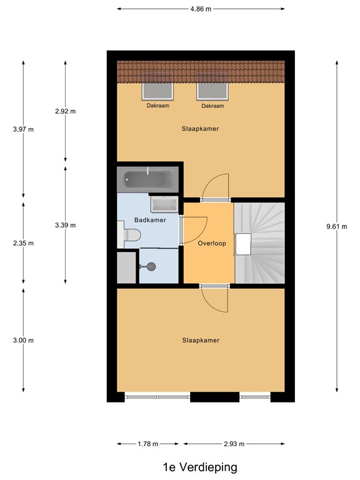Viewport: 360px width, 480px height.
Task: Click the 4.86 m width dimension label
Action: [x=201, y=9]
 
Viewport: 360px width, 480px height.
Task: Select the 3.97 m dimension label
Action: [x=23, y=129]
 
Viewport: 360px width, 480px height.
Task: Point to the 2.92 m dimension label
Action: [x=65, y=111]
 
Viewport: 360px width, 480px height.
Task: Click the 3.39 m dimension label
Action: [x=65, y=225]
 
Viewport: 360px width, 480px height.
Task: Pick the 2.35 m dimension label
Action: [x=23, y=243]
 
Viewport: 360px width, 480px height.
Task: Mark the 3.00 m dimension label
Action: [x=23, y=340]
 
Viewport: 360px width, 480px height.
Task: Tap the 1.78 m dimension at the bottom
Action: [x=147, y=444]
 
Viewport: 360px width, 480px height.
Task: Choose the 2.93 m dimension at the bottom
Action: [x=234, y=444]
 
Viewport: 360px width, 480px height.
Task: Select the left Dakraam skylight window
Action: [x=159, y=91]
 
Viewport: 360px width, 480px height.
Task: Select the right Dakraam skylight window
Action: [x=213, y=91]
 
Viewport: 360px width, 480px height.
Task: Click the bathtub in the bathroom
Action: [x=149, y=180]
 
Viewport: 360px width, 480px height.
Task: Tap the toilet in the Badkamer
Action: [x=129, y=235]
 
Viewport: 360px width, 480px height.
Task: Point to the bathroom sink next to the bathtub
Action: [x=164, y=204]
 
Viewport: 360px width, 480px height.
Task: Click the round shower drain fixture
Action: [x=151, y=266]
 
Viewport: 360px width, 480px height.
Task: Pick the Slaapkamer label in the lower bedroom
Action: [x=201, y=340]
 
